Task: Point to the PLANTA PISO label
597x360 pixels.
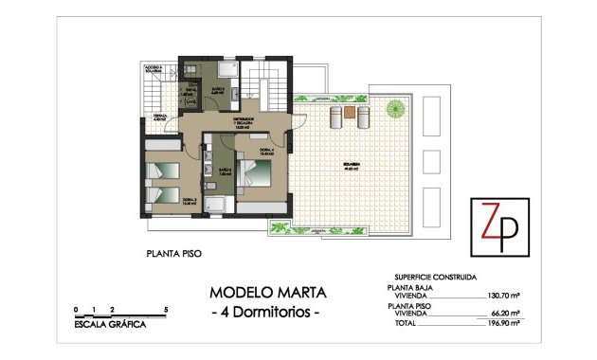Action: (174, 253)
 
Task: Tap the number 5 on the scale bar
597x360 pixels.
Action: (166, 309)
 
